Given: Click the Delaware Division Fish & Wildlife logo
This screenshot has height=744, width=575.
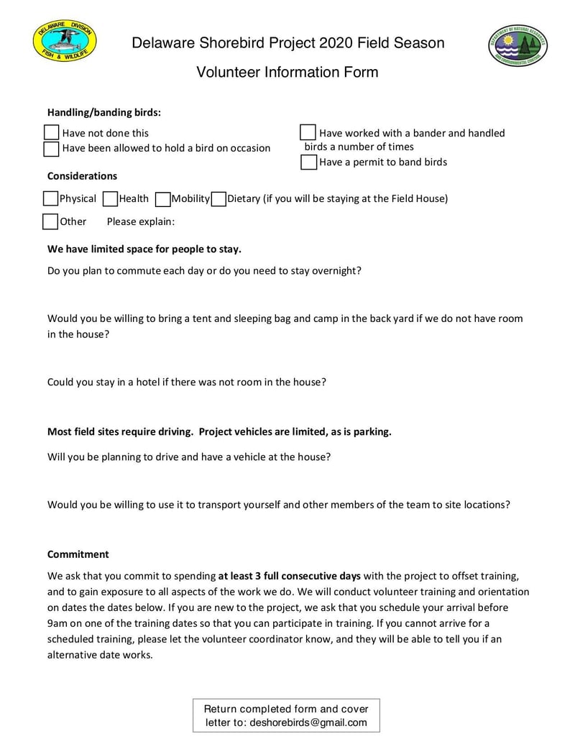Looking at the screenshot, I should (x=64, y=41).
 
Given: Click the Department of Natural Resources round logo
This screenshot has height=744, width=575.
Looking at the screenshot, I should (x=517, y=46).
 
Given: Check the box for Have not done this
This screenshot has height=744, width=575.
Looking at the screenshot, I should (x=51, y=133).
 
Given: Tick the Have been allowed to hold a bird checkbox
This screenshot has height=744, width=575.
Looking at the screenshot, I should (x=51, y=149).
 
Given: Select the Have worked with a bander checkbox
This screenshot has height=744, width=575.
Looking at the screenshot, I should (x=308, y=133).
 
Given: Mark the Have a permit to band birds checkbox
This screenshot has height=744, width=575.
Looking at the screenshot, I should (x=308, y=162).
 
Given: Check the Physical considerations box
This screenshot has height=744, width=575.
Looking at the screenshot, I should (x=50, y=198).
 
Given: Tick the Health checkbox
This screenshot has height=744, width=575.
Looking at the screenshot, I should (x=110, y=198).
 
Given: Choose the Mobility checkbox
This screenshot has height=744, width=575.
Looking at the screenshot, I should (x=162, y=198).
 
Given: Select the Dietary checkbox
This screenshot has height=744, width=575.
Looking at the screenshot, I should (x=218, y=198).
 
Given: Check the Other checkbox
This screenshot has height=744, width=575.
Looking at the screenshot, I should (x=50, y=221).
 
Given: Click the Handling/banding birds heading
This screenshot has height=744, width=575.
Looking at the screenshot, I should (x=104, y=112).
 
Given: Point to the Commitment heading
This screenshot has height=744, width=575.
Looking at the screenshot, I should (x=78, y=554).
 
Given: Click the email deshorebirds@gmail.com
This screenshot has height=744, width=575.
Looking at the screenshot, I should (x=308, y=723).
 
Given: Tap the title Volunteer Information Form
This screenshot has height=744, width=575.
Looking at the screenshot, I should (x=287, y=73).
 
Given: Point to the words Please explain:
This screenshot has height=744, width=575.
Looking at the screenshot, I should (x=141, y=221).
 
